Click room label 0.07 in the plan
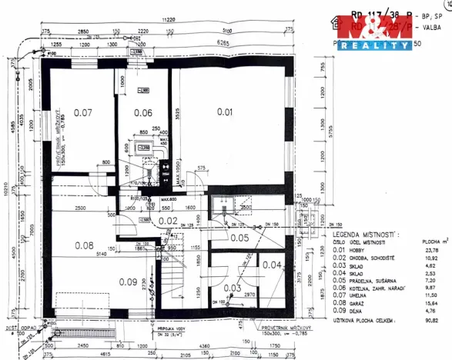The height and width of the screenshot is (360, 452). coord(82,113)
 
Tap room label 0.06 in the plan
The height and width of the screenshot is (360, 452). coord(143,112)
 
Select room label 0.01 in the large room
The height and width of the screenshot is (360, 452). coord(224,112)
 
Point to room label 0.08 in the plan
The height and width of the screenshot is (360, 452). coord(83,245)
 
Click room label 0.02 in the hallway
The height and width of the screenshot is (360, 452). coord(168,221)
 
